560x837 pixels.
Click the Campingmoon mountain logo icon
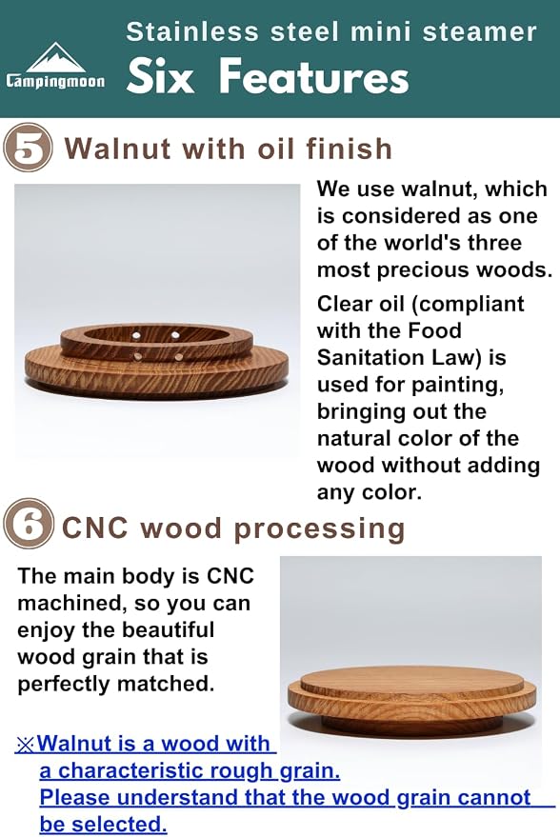pos(55,58)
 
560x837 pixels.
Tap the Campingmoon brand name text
pos(55,81)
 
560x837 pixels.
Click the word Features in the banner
pos(314,76)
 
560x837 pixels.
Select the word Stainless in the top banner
pos(192,32)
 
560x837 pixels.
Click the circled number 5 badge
pos(29,148)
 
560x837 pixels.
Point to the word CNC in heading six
pos(94,528)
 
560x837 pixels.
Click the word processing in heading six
pos(319,529)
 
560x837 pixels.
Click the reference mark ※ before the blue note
pos(26,744)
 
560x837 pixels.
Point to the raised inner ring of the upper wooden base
pos(156,342)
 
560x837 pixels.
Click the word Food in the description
pos(434,330)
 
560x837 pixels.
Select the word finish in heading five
pos(350,149)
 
